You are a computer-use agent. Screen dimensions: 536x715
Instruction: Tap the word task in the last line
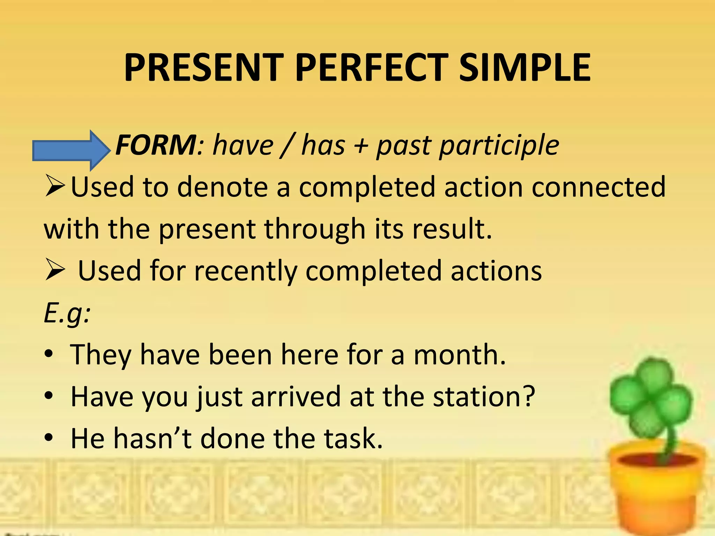[353, 439]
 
